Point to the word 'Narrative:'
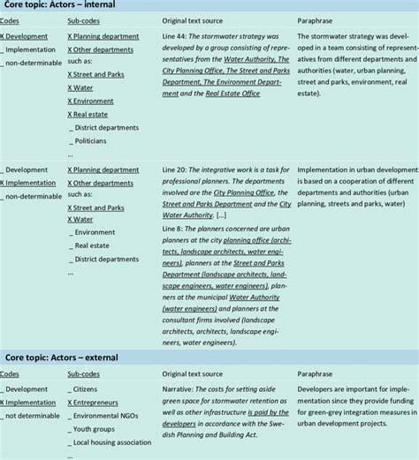pos(183,388)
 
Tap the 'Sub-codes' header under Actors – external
pos(86,373)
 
